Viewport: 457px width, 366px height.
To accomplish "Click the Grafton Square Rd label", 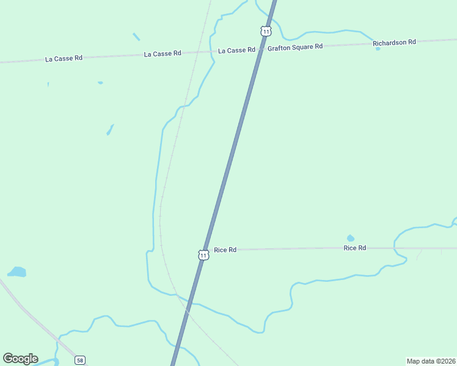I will coord(294,46).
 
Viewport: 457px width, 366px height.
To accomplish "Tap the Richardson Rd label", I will coord(394,42).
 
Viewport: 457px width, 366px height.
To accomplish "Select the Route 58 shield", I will coord(80,361).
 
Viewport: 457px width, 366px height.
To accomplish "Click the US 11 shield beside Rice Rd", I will coord(203,255).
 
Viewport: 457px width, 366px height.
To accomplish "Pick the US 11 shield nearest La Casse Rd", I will coord(265,30).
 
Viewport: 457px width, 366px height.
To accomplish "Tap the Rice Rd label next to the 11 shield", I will coord(225,250).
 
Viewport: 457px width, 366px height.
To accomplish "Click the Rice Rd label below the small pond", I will coord(354,248).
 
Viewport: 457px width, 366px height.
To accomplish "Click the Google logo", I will coord(20,359).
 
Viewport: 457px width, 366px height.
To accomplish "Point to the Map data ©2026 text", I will coord(431,361).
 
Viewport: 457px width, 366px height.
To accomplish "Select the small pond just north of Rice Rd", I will coord(350,239).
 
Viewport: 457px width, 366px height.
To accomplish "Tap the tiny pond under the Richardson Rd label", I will coord(378,49).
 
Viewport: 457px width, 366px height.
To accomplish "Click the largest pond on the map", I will coord(16,271).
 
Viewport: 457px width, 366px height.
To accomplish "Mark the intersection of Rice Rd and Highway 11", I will coord(207,250).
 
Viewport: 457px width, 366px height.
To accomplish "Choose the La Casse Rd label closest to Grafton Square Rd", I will coord(236,50).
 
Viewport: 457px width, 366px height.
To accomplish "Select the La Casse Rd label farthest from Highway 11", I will coord(64,59).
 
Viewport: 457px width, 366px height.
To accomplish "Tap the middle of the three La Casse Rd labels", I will coord(163,54).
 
